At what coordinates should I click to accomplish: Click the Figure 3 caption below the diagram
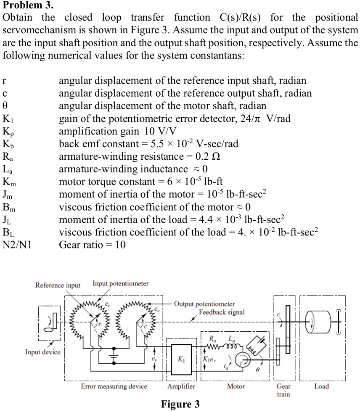[x=180, y=404]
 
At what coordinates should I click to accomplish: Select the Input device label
[x=42, y=352]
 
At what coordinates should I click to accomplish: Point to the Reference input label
[x=58, y=285]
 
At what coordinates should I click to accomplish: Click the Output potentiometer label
[x=204, y=304]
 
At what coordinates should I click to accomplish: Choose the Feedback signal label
[x=222, y=312]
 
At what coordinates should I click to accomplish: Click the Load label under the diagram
[x=322, y=386]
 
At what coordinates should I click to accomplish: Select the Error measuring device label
[x=114, y=386]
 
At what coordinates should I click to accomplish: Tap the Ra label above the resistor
[x=212, y=338]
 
